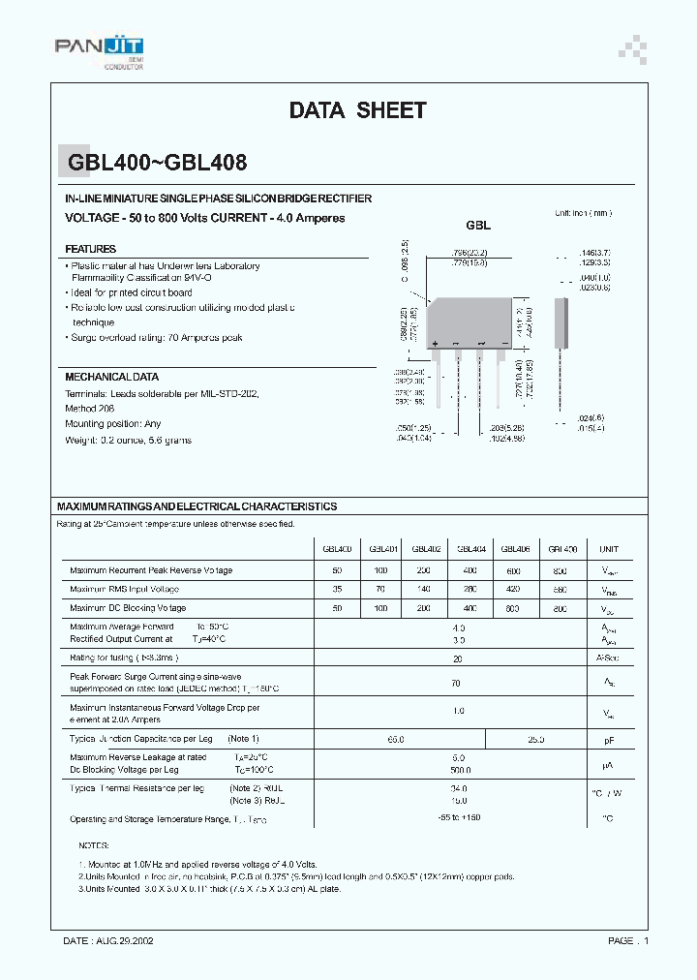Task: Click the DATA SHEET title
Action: pyautogui.click(x=357, y=110)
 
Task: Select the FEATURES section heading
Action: pyautogui.click(x=90, y=249)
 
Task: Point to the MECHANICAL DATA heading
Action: pyautogui.click(x=111, y=377)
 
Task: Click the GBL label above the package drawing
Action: pyautogui.click(x=478, y=225)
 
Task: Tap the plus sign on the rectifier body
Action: pyautogui.click(x=437, y=344)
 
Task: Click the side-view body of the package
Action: pyautogui.click(x=561, y=325)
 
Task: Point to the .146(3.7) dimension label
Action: pyautogui.click(x=594, y=252)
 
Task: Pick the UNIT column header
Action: pyautogui.click(x=609, y=549)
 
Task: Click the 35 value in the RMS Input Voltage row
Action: pyautogui.click(x=337, y=589)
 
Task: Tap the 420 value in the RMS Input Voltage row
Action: pyautogui.click(x=515, y=589)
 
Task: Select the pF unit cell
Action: pyautogui.click(x=609, y=740)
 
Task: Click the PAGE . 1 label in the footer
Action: pyautogui.click(x=629, y=940)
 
